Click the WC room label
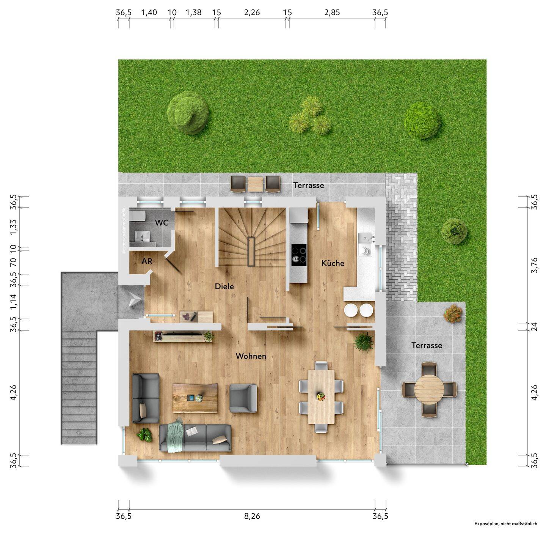coord(162,223)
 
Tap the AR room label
coord(147,261)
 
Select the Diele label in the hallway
coord(224,286)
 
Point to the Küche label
coord(333,263)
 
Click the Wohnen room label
coord(251,356)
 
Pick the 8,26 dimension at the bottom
coord(252,516)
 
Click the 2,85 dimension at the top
coord(332,13)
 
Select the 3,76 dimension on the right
coord(535,265)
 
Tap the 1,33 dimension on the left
coord(13,227)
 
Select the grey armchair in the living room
coord(243,398)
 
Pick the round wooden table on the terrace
coord(429,390)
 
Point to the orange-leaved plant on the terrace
coord(453,313)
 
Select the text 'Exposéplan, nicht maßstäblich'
coord(505,524)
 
